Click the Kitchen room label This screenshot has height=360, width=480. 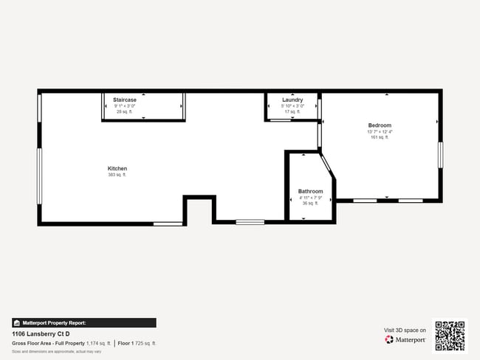[x=117, y=168]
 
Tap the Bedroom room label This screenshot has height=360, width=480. [x=380, y=125]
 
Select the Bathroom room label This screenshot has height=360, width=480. [x=310, y=192]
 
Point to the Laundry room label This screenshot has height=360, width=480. [x=292, y=100]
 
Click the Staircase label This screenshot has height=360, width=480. [x=124, y=100]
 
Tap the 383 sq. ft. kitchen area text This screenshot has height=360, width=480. [x=117, y=175]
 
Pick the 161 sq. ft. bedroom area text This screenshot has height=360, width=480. [x=380, y=137]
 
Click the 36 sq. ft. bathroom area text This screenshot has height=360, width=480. [x=310, y=204]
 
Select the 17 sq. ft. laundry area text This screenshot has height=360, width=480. [x=292, y=111]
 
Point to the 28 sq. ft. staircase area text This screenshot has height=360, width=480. [x=124, y=111]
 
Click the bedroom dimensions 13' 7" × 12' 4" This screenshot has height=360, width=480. [x=380, y=131]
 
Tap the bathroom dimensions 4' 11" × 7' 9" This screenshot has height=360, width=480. [x=310, y=198]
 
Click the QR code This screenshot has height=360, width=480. [x=450, y=336]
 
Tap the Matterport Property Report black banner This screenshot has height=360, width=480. [x=83, y=322]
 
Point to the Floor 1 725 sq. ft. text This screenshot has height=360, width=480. [x=137, y=343]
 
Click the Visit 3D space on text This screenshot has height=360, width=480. [x=405, y=330]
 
